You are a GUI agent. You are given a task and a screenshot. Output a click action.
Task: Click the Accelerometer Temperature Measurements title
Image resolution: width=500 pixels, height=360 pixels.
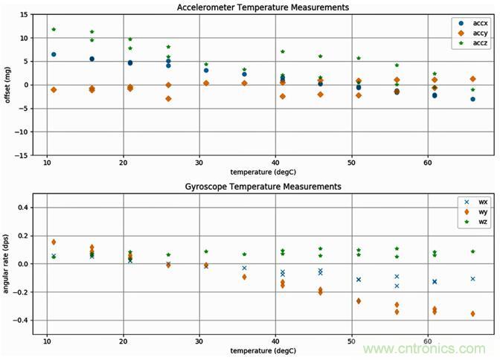(x=263, y=7)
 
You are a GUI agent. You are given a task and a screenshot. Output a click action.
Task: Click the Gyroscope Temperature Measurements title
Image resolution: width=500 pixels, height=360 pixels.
(x=263, y=186)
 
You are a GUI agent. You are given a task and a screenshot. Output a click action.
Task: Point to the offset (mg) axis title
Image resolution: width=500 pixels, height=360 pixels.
(x=8, y=84)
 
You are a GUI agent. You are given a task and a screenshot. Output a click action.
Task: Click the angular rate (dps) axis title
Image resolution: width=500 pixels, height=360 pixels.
(x=8, y=264)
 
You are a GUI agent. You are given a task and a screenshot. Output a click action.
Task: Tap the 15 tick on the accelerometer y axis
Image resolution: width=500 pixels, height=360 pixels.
(x=25, y=14)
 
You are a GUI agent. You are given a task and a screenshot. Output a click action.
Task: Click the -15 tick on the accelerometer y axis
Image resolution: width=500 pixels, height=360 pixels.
(x=22, y=155)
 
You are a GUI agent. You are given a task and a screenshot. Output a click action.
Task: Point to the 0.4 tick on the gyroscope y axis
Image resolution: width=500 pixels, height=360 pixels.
(x=25, y=208)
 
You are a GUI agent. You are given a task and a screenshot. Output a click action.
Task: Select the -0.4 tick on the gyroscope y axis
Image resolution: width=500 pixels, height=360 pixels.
(x=22, y=321)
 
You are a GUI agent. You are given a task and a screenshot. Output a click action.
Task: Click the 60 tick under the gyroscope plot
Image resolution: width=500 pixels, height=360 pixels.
(x=427, y=341)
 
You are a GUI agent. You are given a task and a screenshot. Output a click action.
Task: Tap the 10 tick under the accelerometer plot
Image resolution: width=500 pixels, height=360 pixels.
(x=47, y=161)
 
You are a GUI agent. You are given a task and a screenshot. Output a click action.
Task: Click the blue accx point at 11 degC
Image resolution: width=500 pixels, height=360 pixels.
(x=54, y=54)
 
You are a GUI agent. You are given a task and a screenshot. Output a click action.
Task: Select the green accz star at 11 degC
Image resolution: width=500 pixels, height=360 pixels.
(x=54, y=29)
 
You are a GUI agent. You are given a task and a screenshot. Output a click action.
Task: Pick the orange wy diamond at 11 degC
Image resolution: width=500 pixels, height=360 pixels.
(x=54, y=242)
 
